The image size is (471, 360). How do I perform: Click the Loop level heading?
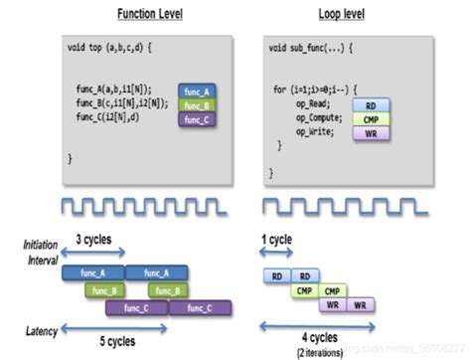341,15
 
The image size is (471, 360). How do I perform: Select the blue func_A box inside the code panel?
199,90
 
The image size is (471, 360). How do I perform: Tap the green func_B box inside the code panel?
199,104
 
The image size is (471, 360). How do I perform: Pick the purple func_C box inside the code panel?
199,119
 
